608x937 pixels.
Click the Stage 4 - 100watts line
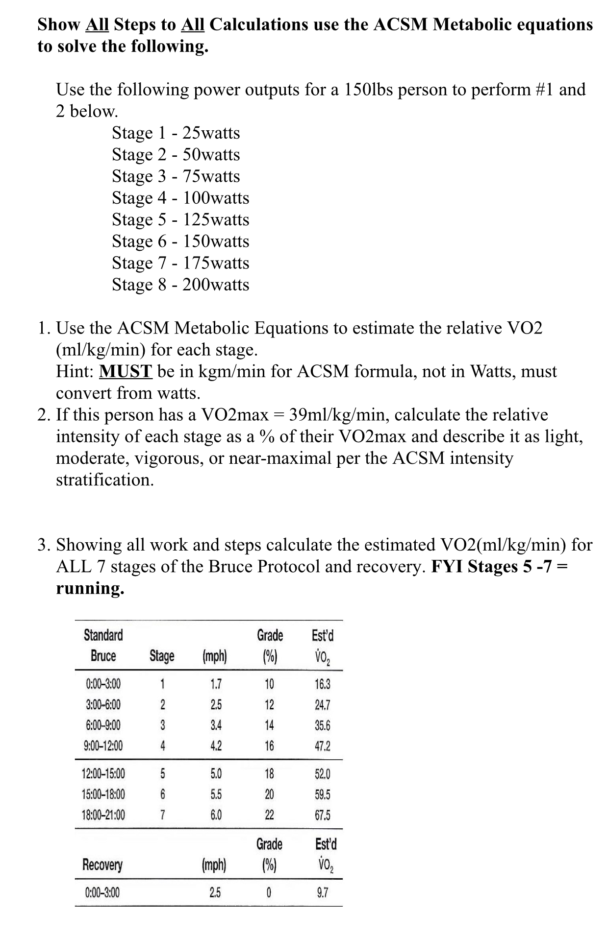pyautogui.click(x=180, y=198)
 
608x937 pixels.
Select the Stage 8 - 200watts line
pyautogui.click(x=180, y=285)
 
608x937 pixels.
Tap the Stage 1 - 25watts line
pyautogui.click(x=176, y=133)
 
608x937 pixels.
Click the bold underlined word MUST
pyautogui.click(x=126, y=371)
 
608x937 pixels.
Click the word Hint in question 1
pyautogui.click(x=75, y=371)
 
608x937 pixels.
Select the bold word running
pyautogui.click(x=90, y=588)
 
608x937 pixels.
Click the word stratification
pyautogui.click(x=105, y=480)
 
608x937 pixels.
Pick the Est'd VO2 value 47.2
pyautogui.click(x=322, y=746)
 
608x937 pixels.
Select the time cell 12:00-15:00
pyautogui.click(x=103, y=774)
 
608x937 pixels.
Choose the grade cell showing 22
pyautogui.click(x=269, y=815)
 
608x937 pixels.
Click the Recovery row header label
pyautogui.click(x=102, y=865)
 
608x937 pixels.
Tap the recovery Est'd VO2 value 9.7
pyautogui.click(x=322, y=892)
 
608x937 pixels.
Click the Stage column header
pyautogui.click(x=162, y=656)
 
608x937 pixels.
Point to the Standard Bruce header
pyautogui.click(x=103, y=646)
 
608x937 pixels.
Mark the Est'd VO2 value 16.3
pyautogui.click(x=322, y=684)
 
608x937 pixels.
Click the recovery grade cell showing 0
pyautogui.click(x=269, y=892)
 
